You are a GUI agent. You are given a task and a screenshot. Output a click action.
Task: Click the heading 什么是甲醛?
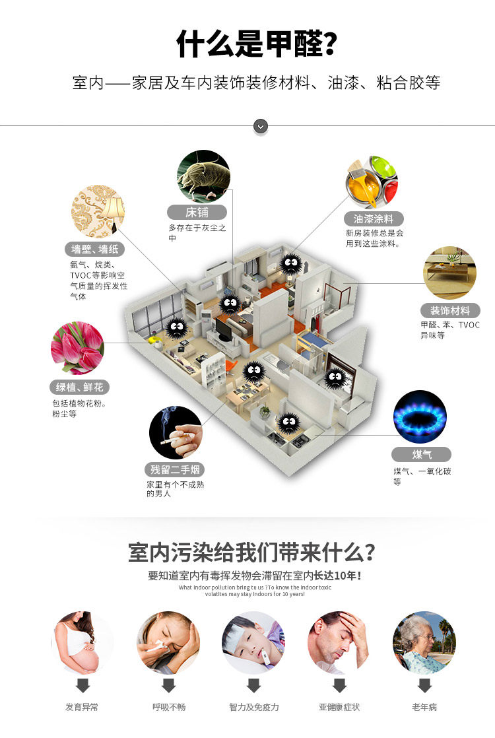pos(257,44)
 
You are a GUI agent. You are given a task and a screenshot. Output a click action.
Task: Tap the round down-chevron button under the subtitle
pos(261,125)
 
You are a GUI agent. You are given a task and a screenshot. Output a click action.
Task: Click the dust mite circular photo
pos(203,176)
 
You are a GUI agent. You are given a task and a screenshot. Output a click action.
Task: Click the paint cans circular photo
pos(372,182)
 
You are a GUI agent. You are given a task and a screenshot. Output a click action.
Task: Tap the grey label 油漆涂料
pos(374,218)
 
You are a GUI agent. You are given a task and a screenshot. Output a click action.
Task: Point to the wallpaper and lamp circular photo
pos(98,211)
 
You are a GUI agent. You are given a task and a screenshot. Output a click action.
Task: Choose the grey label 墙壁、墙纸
pos(95,250)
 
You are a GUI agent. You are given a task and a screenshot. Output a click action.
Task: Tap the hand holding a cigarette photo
pos(176,432)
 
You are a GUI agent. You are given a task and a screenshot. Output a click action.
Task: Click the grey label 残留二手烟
pos(174,470)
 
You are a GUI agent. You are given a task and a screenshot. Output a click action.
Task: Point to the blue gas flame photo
pos(420,417)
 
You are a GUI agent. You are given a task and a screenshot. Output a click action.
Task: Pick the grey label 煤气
pos(422,454)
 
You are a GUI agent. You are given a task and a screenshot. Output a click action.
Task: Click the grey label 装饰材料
pos(450,310)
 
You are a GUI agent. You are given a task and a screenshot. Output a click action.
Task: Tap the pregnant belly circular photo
pos(82,642)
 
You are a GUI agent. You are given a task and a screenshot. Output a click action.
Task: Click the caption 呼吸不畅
pos(169,707)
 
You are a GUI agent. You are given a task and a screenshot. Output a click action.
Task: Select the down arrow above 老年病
pos(424,685)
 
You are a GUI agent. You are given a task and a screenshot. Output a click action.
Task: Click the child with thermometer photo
pos(253,642)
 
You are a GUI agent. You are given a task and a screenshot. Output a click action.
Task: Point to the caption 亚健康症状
pos(339,707)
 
